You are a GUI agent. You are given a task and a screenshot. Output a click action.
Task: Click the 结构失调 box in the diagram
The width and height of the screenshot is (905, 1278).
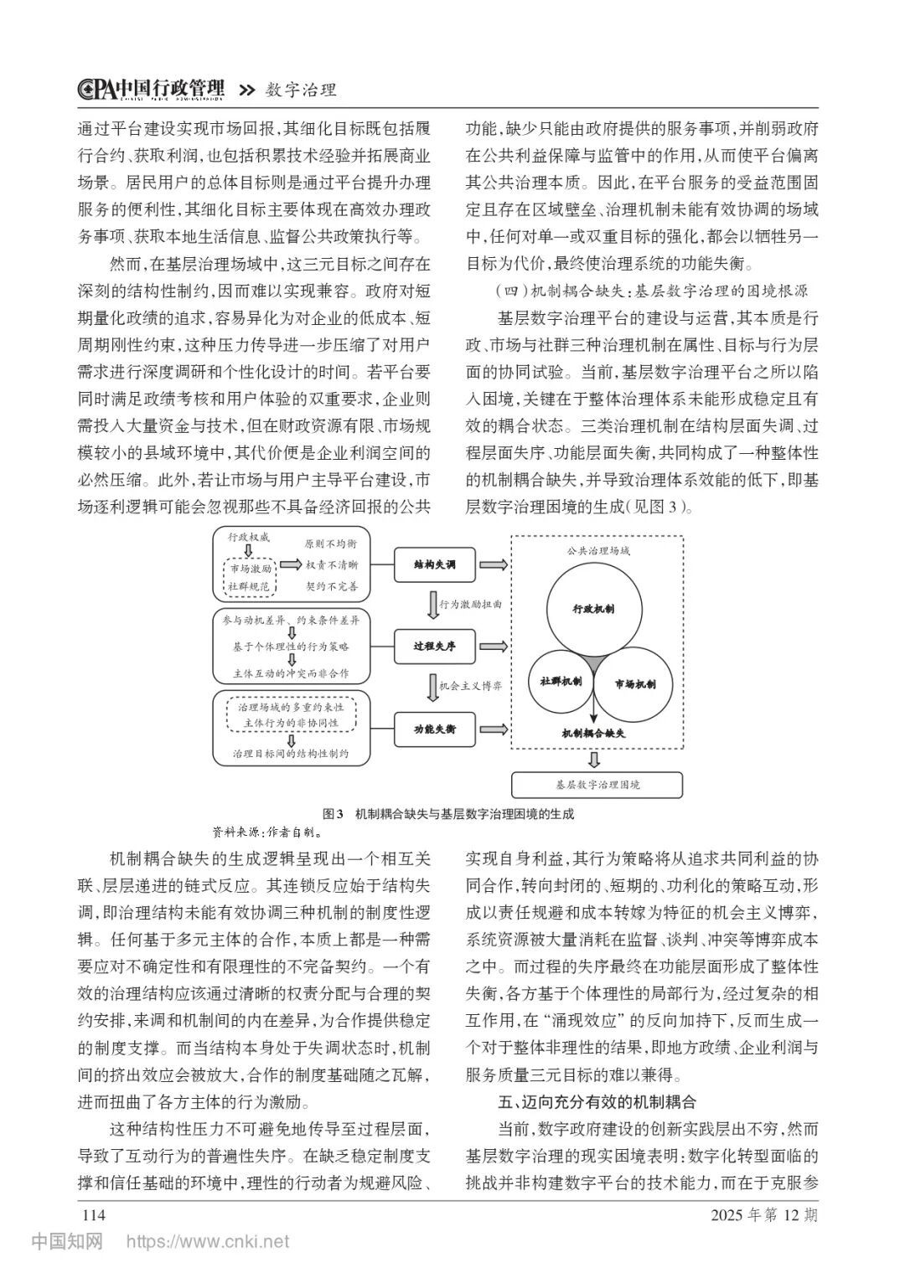435,565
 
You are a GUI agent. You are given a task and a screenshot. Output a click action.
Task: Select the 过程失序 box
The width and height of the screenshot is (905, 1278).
435,647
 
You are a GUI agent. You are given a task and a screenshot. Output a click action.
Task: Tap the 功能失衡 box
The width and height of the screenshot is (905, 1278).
435,729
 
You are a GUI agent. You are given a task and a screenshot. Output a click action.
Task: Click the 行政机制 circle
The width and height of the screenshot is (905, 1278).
594,609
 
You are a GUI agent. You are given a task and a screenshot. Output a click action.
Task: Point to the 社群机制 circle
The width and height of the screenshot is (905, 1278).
556,683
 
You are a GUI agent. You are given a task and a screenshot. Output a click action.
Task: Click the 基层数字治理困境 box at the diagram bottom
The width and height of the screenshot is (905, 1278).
597,785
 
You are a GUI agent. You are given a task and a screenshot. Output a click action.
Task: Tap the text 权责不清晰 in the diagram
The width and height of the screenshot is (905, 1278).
331,565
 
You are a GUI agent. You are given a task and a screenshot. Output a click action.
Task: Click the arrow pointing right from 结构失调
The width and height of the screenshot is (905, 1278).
494,565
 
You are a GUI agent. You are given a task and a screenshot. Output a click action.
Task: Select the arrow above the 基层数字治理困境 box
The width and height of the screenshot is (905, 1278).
595,759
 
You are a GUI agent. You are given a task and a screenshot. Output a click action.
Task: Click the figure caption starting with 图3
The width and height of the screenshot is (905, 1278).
448,813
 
